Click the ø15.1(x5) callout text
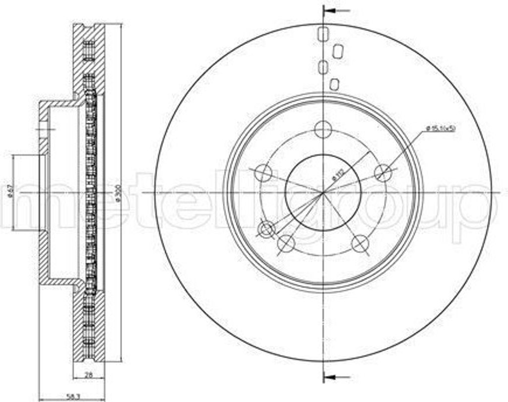click(x=441, y=129)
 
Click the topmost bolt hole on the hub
click(x=323, y=130)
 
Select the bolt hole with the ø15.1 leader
click(x=382, y=173)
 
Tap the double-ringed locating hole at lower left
click(x=267, y=229)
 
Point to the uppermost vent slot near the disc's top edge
click(x=323, y=34)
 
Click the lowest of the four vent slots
click(x=334, y=84)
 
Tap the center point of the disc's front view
click(x=323, y=192)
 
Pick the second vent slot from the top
click(x=339, y=51)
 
